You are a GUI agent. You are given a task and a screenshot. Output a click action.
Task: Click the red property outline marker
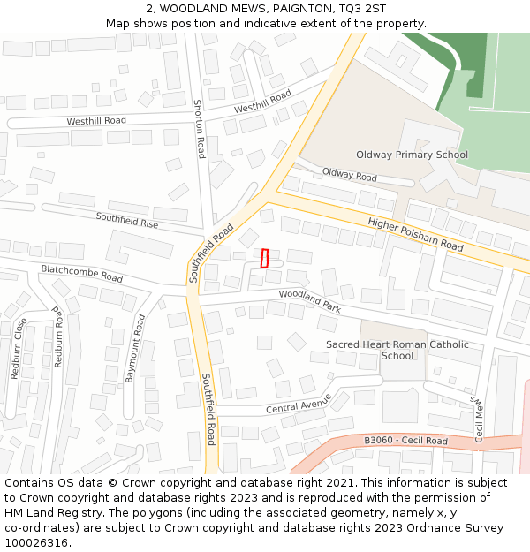tap(264, 258)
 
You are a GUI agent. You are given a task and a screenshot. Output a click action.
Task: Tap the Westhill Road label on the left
tap(96, 120)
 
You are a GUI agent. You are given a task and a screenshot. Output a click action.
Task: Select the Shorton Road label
tap(200, 128)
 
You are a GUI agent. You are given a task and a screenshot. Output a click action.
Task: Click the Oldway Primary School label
tap(412, 155)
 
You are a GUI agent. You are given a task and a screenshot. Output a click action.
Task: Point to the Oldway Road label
tap(349, 175)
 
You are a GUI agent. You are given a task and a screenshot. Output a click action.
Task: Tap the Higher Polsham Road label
tap(415, 234)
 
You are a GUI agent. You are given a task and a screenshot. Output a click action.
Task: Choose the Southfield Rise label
tap(127, 220)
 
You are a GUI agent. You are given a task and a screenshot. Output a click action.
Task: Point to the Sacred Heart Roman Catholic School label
tap(397, 350)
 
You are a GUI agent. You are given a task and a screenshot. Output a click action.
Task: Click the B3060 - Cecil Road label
tap(405, 441)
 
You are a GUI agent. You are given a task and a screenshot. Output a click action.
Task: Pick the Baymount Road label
tap(133, 347)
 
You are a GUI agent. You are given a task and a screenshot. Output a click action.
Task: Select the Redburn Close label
tap(18, 348)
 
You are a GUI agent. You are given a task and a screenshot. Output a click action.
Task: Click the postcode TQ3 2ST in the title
tap(366, 8)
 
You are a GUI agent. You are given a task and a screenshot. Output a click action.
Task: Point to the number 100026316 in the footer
tap(36, 542)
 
